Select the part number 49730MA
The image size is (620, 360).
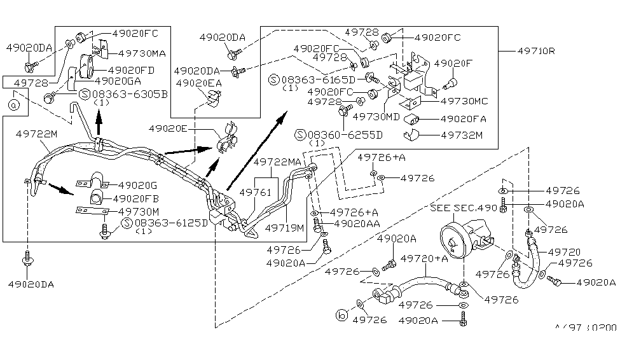[141, 53]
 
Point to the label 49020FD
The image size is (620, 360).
[131, 69]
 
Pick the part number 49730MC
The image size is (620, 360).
[464, 101]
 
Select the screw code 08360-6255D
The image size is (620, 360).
[346, 135]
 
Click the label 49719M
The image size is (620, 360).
[284, 227]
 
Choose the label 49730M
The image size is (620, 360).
[139, 211]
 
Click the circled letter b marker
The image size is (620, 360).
[341, 314]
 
